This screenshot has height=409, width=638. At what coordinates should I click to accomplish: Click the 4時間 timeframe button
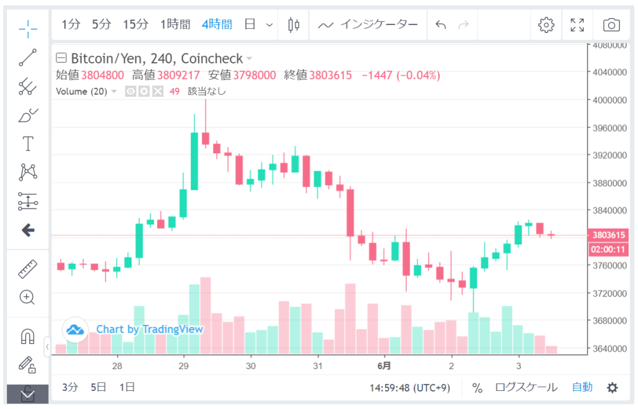[x=217, y=25]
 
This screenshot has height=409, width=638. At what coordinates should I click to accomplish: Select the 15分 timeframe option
[x=135, y=25]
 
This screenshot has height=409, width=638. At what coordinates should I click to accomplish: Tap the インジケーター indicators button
[x=368, y=25]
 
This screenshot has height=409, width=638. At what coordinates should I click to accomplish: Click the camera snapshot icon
[x=611, y=25]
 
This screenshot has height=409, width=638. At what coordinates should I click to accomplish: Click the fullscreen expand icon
[x=577, y=25]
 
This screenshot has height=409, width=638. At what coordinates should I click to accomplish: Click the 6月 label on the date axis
[x=384, y=365]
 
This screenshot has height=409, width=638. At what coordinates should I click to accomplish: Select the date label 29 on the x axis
[x=183, y=365]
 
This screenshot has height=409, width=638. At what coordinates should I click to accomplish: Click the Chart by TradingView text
[x=150, y=329]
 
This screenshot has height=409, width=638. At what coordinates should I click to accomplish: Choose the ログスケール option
[x=526, y=387]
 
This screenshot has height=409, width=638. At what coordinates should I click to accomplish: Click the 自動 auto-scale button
[x=582, y=387]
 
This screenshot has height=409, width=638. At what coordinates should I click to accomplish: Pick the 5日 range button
[x=98, y=387]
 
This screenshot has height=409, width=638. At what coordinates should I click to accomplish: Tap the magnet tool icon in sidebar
[x=27, y=336]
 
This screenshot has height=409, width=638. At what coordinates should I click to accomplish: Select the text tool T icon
[x=27, y=144]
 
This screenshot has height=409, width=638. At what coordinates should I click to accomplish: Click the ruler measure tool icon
[x=27, y=269]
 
